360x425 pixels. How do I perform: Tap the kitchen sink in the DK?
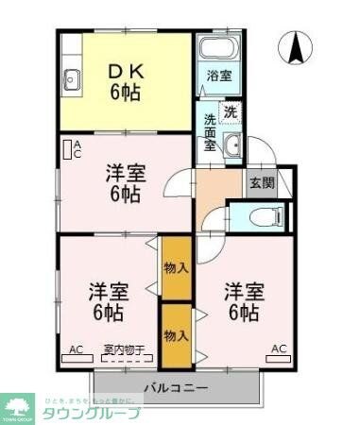(70, 78)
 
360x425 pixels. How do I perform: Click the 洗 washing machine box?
(231, 111)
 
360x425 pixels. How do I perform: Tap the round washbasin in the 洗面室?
(232, 145)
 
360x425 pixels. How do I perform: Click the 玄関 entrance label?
(262, 182)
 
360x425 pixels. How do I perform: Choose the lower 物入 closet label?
(175, 335)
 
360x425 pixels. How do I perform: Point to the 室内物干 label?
(124, 350)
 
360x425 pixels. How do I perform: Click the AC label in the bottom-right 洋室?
(279, 349)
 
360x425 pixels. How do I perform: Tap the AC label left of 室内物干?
(77, 350)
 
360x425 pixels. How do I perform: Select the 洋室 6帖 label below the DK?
(124, 183)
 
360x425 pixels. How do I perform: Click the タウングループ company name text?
(93, 413)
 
